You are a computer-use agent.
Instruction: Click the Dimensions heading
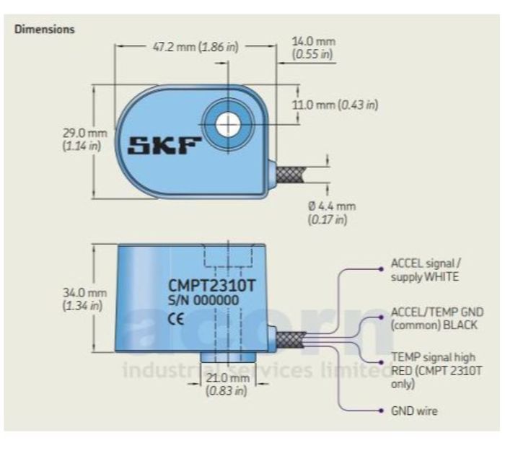pos(45,30)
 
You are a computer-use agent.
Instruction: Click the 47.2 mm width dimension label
pos(196,47)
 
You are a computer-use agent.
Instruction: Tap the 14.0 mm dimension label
pos(313,48)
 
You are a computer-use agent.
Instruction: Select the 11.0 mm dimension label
pos(335,105)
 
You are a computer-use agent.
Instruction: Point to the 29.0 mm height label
pos(84,139)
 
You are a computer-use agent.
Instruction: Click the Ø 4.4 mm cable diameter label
pos(332,213)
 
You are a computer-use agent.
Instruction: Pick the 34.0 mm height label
pos(84,299)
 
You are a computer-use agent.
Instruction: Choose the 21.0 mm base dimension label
pos(227,384)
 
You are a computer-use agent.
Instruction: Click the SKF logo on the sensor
pos(164,146)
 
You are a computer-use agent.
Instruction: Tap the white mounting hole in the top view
pos(229,124)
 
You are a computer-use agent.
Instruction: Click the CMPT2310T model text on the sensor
pos(212,285)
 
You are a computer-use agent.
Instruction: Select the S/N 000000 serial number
pos(203,300)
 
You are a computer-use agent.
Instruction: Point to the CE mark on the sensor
pos(176,319)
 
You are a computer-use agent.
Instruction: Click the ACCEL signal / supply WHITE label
pos(426,270)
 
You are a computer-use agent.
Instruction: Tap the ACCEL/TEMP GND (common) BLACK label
pos(437,318)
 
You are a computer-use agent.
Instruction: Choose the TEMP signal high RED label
pos(436,370)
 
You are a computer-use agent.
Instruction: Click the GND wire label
pos(414,411)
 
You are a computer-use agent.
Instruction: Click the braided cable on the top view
pos(289,175)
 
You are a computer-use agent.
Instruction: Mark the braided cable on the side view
pos(290,340)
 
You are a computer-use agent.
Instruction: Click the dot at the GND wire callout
pos(382,411)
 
